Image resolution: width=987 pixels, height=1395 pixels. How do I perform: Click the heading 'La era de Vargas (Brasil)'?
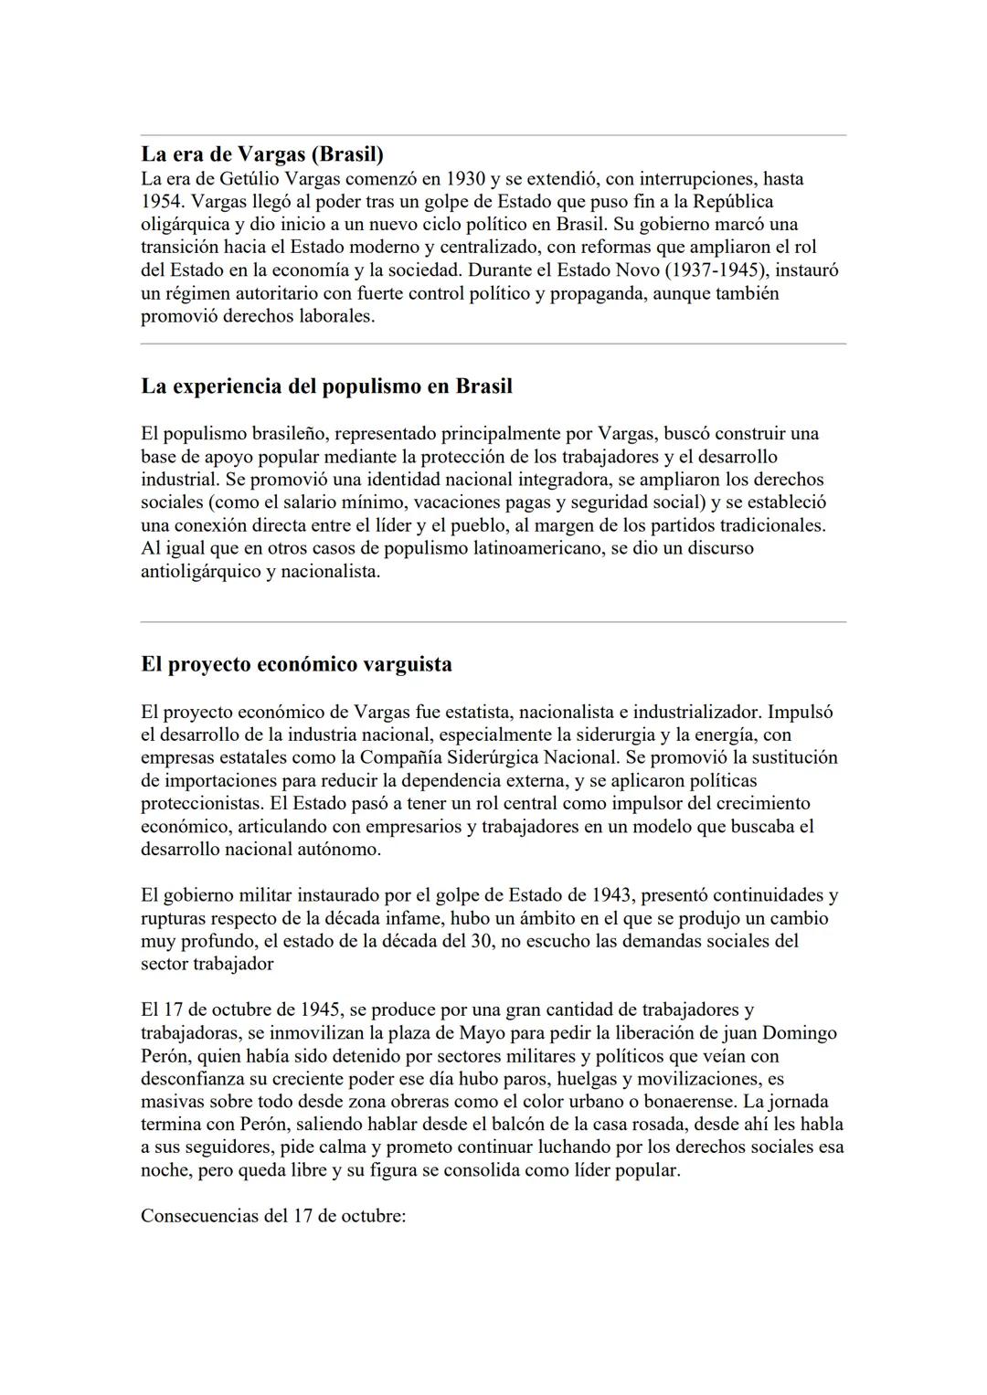coord(262,153)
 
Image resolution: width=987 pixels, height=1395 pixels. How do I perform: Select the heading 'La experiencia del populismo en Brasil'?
coord(326,386)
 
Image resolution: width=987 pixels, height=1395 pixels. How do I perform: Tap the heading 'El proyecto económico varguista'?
coord(296,664)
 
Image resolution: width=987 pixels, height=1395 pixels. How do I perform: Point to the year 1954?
coord(162,201)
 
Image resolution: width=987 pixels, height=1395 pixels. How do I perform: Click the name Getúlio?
coord(252,178)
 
